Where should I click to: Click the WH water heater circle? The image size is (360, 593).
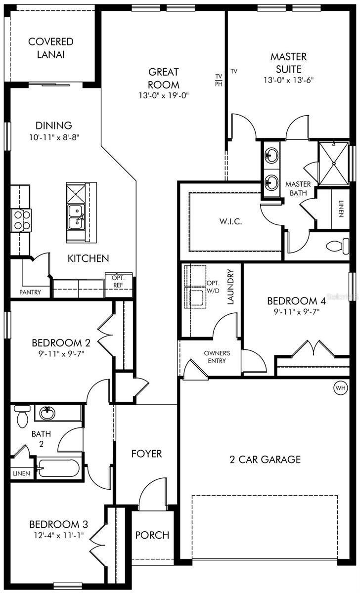pos(341,388)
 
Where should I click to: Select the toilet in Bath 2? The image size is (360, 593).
pos(22,417)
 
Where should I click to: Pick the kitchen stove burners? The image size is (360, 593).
pos(21,220)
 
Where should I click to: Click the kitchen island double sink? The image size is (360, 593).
pos(76,216)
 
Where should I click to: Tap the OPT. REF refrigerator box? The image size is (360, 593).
pos(118,285)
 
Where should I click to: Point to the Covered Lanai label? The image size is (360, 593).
pos(50,47)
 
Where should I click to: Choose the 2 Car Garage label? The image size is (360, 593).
pos(265,460)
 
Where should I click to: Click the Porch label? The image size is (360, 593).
pos(152,535)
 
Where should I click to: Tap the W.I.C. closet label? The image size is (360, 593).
pos(230,221)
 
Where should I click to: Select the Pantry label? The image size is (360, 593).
pos(30,292)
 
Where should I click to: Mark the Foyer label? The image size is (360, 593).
pos(146,453)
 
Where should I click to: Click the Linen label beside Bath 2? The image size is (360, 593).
pos(22,473)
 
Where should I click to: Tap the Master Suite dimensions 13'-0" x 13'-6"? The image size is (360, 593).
pos(288,80)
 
